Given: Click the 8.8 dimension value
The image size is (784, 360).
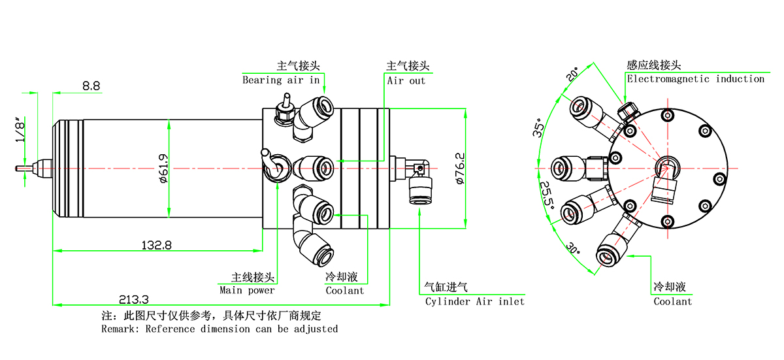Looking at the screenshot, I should tap(91, 86).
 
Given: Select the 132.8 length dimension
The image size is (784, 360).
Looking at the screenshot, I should tap(157, 245).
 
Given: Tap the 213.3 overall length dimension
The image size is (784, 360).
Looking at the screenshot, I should tap(134, 299).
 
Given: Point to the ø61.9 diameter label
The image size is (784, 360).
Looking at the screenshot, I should tap(163, 168).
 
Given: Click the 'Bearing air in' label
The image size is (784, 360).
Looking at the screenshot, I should tap(281, 80).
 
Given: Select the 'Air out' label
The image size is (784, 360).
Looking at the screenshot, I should tap(406, 80).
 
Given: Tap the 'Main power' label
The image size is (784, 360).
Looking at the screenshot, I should tap(247, 290).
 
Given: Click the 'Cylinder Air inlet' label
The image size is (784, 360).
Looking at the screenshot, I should tap(474, 301).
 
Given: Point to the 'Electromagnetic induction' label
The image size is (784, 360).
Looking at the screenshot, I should tap(695, 79).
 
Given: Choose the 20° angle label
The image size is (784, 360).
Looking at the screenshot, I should tap(572, 73).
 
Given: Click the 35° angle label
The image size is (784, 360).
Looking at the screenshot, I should tap(538, 129).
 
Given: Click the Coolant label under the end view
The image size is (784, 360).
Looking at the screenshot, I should tap(672, 301).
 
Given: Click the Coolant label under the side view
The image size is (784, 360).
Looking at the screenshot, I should tap(344, 290).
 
